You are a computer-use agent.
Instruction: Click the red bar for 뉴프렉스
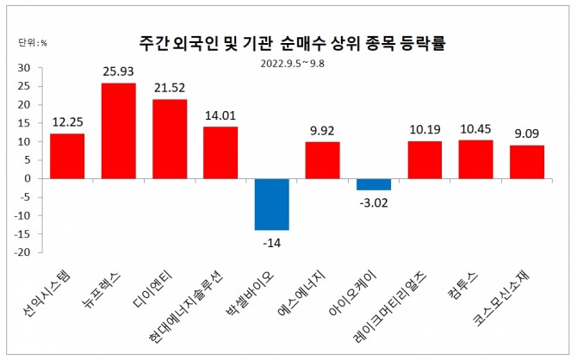(118, 131)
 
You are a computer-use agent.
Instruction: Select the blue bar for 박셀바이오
(271, 204)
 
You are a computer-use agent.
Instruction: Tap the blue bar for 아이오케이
(374, 184)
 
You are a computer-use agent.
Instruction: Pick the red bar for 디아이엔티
(170, 139)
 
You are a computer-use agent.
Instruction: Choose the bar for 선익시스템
(67, 156)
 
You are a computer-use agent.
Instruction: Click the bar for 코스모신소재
(526, 162)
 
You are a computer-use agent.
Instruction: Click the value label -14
(271, 242)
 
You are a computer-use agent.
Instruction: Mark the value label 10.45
(475, 130)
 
